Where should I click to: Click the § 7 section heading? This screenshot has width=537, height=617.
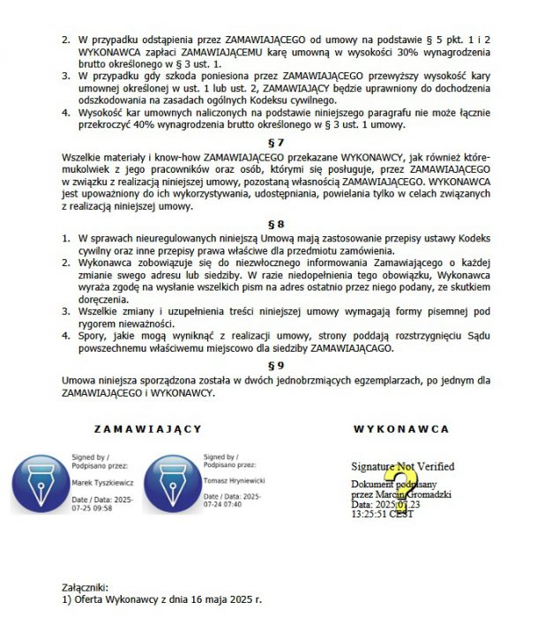tap(276, 142)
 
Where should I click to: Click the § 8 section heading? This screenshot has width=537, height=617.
tap(276, 224)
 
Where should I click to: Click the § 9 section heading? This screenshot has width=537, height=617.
tap(276, 364)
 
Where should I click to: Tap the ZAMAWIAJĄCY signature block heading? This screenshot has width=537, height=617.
tap(148, 428)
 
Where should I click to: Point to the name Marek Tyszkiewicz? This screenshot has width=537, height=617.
tap(101, 483)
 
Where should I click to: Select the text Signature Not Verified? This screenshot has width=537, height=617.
tap(402, 466)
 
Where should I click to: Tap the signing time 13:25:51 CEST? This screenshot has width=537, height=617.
tap(382, 514)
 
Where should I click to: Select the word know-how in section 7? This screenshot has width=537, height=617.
tap(129, 156)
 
